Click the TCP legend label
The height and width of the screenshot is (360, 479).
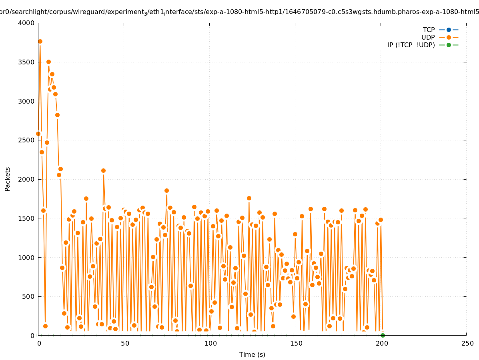pos(429,30)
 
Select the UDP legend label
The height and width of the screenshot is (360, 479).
pos(428,37)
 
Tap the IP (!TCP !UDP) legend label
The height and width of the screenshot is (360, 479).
pos(411,45)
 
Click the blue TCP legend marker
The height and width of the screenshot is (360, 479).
pos(449,30)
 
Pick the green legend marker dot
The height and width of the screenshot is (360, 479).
pos(449,45)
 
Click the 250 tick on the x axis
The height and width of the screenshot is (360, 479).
pos(467,343)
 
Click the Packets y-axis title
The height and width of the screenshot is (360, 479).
pos(8,179)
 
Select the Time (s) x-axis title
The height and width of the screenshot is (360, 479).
pos(252,354)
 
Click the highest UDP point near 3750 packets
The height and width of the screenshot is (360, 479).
pos(40,41)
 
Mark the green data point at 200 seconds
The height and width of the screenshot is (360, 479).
pos(383,335)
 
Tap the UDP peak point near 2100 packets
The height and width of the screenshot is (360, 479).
pos(103,170)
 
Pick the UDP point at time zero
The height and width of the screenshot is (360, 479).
pos(38,134)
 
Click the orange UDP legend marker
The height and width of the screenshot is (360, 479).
pos(449,37)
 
